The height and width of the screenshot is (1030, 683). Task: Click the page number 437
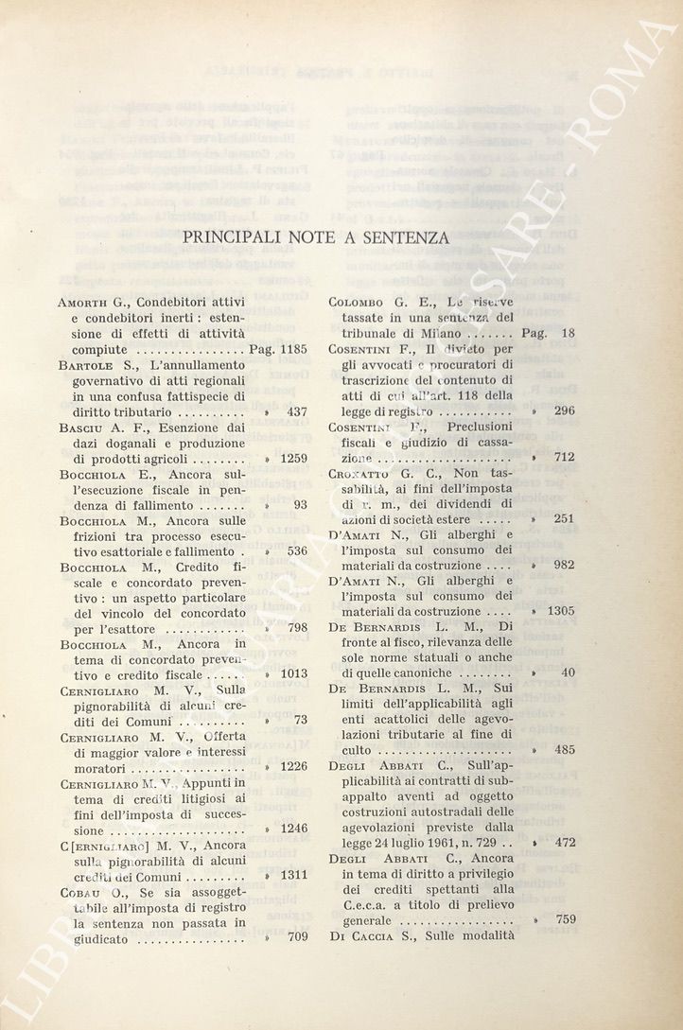coord(297,411)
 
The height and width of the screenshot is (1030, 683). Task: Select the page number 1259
coord(290,458)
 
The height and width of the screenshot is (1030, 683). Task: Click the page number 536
coord(297,550)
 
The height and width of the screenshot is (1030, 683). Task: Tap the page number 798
coord(297,628)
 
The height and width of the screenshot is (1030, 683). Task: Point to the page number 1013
coord(290,674)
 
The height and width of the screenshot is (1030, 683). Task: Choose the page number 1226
coord(290,767)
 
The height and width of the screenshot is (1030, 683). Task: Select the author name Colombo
coord(357,303)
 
